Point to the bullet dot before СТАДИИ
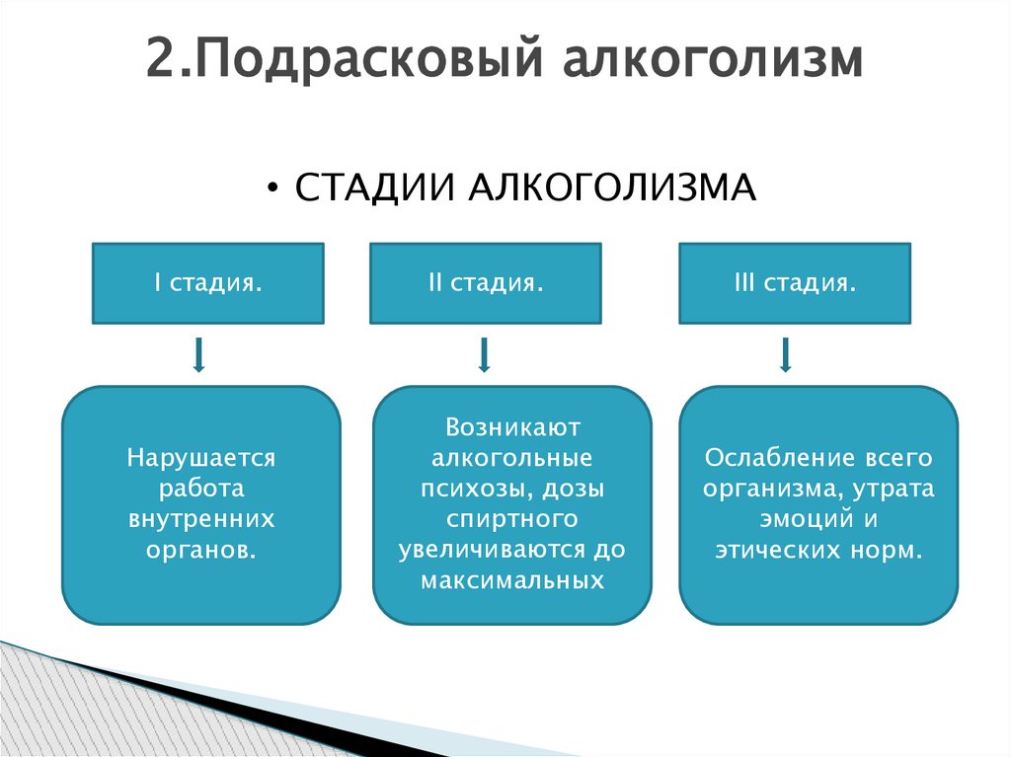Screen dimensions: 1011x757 click(272, 189)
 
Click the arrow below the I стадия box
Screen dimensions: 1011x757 click(198, 354)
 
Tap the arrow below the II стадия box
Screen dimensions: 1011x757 click(484, 354)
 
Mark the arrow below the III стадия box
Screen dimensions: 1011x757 click(786, 354)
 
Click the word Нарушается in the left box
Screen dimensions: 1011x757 click(200, 459)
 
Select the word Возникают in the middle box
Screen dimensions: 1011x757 click(512, 428)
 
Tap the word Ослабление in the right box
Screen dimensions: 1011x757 click(770, 459)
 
